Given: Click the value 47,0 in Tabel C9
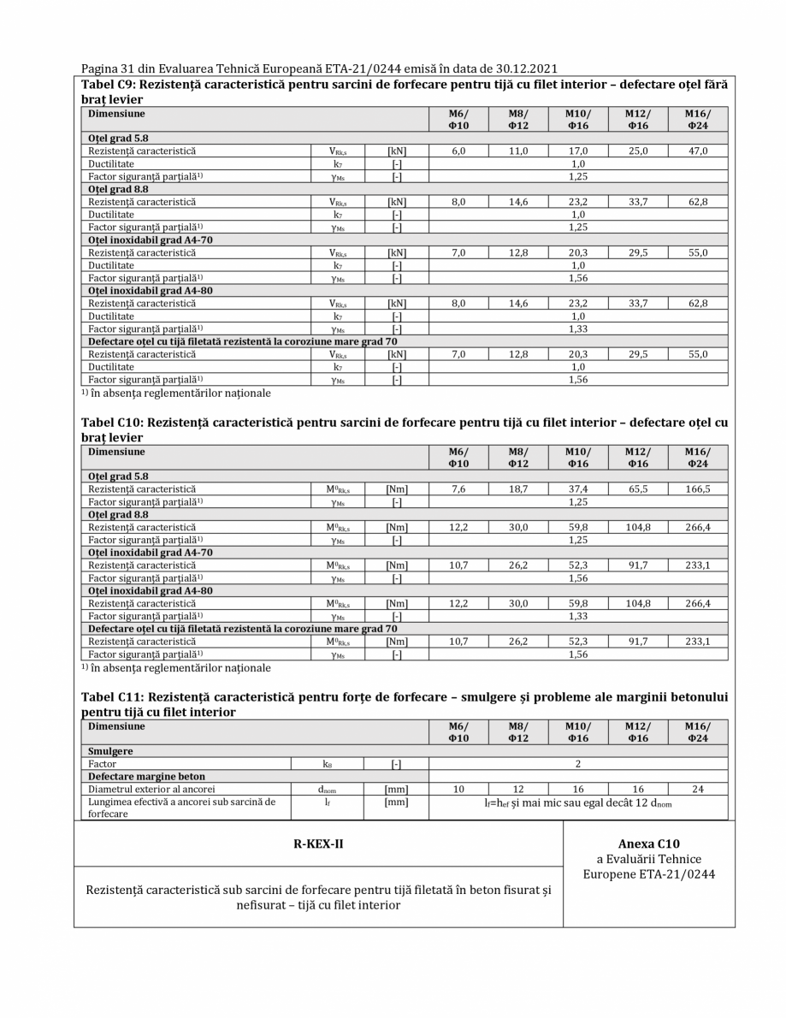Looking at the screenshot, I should [x=697, y=151].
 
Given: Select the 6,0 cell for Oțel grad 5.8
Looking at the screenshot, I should [x=458, y=151].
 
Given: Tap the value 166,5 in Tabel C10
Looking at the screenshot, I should [x=697, y=489].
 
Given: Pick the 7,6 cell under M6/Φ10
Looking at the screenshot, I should [x=458, y=489].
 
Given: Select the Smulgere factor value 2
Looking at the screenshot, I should [x=578, y=763].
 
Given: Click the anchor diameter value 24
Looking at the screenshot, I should [x=697, y=790].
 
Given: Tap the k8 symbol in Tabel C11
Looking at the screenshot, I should [x=327, y=763].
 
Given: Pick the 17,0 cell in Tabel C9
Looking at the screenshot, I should [x=578, y=151].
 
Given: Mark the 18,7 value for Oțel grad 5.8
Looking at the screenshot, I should [x=518, y=489].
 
